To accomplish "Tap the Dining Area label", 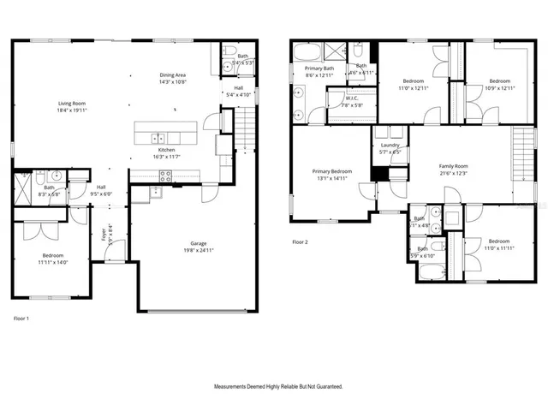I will (x=174, y=75).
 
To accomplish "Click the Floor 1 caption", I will (x=21, y=319).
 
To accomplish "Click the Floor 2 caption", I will (x=299, y=242).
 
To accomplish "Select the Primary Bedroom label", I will (x=331, y=171).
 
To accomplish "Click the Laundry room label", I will (x=390, y=146).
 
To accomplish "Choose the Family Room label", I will (x=455, y=166).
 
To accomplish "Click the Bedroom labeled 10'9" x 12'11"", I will (x=499, y=81).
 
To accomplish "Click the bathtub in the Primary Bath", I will (x=309, y=52).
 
